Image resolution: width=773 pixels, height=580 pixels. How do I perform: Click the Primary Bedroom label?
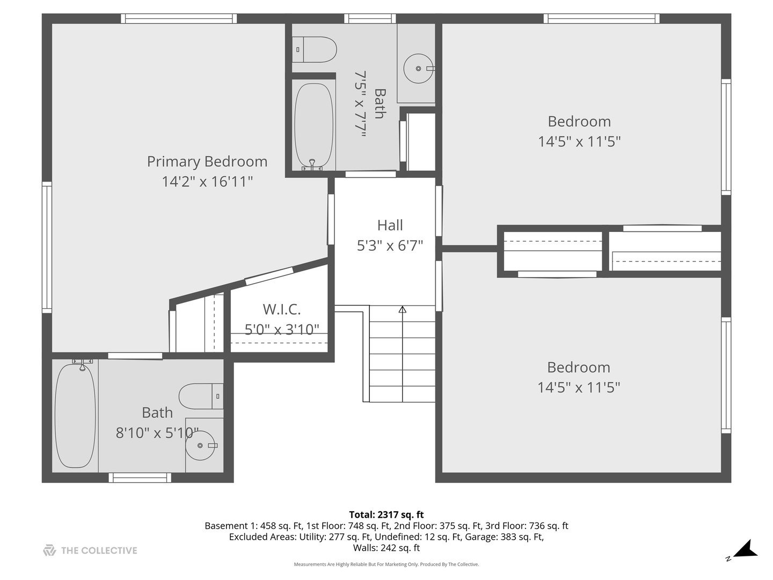(x=207, y=161)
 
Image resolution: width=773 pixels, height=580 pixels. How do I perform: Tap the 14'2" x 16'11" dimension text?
(x=207, y=182)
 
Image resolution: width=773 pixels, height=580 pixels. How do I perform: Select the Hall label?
(x=390, y=225)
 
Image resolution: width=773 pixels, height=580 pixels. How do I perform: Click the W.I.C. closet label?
(x=281, y=309)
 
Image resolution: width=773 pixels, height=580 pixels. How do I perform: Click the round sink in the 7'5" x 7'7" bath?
(x=418, y=69)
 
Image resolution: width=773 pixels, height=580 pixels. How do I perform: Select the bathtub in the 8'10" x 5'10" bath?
(x=75, y=416)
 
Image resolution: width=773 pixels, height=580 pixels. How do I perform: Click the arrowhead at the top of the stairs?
(x=402, y=309)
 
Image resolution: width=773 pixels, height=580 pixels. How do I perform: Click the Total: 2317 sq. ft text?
(x=386, y=514)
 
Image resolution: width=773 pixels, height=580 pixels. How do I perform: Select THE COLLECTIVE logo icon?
(x=49, y=550)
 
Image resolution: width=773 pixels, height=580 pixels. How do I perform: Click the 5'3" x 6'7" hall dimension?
(x=390, y=245)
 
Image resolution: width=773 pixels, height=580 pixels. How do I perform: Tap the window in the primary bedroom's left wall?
(x=47, y=247)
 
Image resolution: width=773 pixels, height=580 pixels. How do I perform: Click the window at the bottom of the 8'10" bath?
(x=140, y=477)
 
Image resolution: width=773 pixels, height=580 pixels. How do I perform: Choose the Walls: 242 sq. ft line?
(x=386, y=548)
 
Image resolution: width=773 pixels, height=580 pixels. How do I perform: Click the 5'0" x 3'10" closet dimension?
(x=281, y=329)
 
